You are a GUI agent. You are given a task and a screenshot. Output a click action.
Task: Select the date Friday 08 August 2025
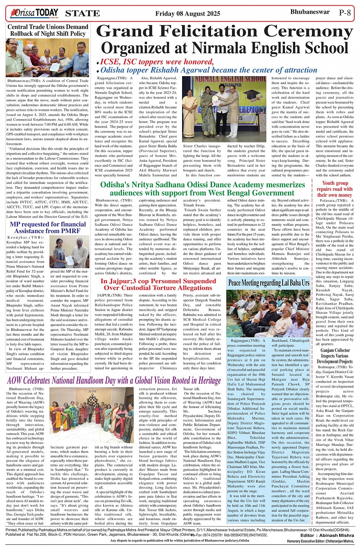(187, 14)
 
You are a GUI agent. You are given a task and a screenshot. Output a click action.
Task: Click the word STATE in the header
(82, 14)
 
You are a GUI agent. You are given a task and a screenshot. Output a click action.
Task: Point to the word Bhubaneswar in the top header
(310, 12)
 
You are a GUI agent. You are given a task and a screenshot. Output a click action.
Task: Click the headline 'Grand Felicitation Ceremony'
(225, 32)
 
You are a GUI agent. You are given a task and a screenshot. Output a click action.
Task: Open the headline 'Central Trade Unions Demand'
(48, 27)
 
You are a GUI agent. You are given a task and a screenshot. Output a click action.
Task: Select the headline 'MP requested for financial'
(48, 225)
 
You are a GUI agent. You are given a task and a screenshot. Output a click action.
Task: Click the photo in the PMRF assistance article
(69, 252)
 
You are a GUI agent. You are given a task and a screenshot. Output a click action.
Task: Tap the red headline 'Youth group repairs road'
(335, 189)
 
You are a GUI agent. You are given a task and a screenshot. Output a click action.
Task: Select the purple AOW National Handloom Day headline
(114, 380)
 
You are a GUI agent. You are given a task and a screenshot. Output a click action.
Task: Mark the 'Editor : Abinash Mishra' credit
(326, 535)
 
